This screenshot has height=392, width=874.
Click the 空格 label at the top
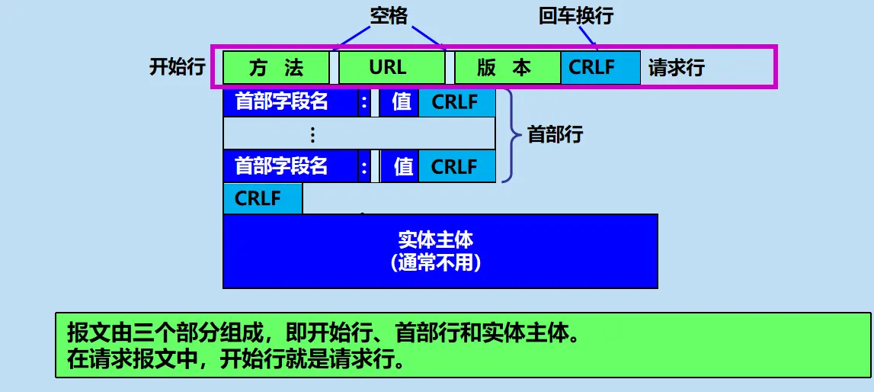point(389,15)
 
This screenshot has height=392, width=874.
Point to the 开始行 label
point(177,67)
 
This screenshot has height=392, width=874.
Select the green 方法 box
point(276,67)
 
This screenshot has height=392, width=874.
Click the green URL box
point(390,67)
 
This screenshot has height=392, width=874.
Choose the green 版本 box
point(506,67)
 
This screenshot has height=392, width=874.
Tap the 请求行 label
point(677,67)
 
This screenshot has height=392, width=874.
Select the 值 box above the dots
point(401,102)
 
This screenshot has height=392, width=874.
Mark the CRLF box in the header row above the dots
point(456,102)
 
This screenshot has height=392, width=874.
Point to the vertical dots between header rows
point(313,135)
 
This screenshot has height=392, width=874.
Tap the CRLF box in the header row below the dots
point(456,166)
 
